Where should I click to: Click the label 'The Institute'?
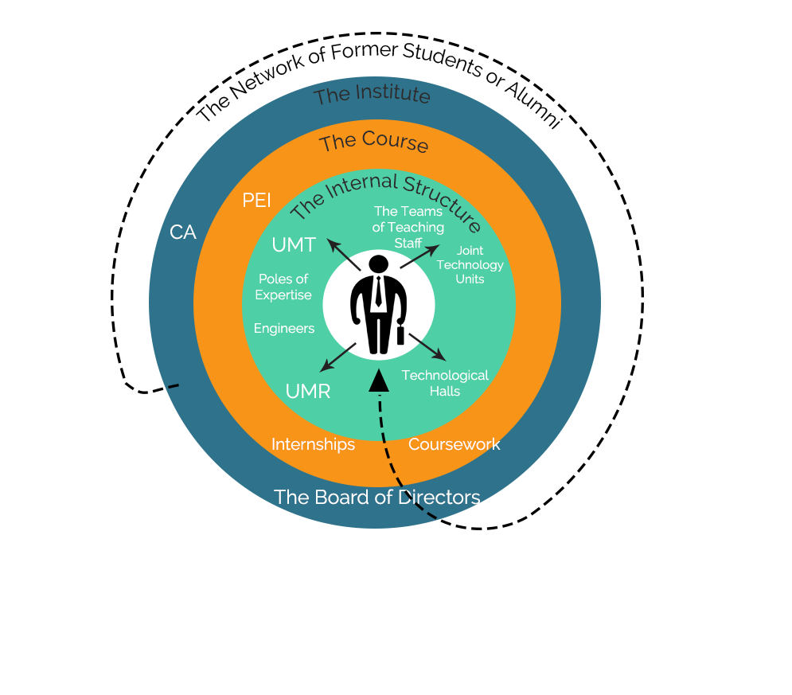[x=372, y=96]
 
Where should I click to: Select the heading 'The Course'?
[x=374, y=143]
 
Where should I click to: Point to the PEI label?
[x=256, y=200]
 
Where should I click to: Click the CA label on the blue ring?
[x=183, y=232]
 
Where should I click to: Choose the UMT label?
[x=294, y=245]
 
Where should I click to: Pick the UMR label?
[x=307, y=391]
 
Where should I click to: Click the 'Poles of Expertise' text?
[x=283, y=287]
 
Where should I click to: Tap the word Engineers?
[x=284, y=328]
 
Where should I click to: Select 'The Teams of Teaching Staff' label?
[x=408, y=227]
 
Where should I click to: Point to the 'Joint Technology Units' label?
[x=470, y=265]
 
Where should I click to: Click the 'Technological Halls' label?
[x=445, y=383]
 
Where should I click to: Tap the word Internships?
[x=313, y=444]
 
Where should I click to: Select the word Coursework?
[x=454, y=444]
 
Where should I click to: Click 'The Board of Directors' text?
[x=376, y=498]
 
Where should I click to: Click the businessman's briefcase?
[x=400, y=334]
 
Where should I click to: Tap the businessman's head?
[x=379, y=264]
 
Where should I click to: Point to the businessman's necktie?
[x=379, y=292]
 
